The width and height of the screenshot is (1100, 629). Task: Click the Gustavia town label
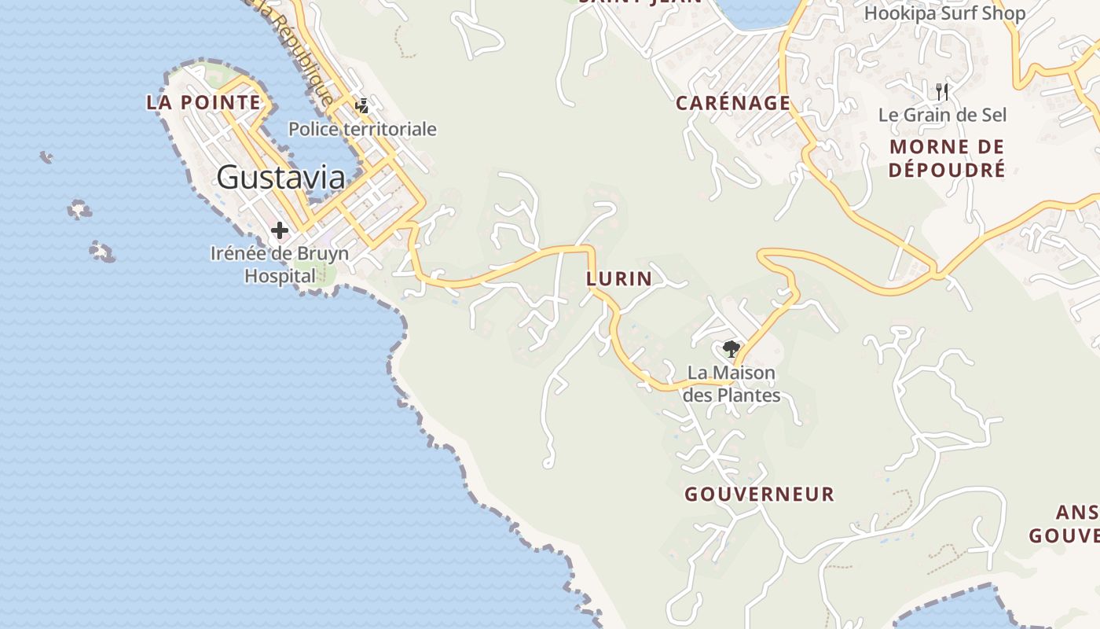point(280,177)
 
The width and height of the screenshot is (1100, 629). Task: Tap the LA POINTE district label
point(203,102)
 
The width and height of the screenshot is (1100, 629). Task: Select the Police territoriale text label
point(362,129)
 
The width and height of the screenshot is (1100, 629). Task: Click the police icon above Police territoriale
point(362,105)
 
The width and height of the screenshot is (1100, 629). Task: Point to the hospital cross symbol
point(279,230)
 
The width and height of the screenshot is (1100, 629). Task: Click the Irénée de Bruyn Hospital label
point(279,265)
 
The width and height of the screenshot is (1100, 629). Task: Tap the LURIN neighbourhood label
point(619,278)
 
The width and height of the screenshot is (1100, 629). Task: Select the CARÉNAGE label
point(733,103)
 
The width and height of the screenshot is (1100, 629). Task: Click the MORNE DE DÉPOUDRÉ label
point(947,158)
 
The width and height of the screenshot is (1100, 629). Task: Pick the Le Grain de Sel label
point(942,115)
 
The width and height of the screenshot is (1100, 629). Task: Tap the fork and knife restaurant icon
point(943,91)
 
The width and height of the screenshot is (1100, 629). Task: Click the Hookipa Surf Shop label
point(944,13)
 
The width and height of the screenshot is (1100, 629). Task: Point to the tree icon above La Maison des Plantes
point(731,348)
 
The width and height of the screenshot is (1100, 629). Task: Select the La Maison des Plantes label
point(731,384)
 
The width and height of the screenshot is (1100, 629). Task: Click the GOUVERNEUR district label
point(759,495)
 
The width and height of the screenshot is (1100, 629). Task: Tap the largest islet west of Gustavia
point(102,252)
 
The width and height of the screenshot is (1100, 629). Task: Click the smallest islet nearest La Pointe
point(46,157)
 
